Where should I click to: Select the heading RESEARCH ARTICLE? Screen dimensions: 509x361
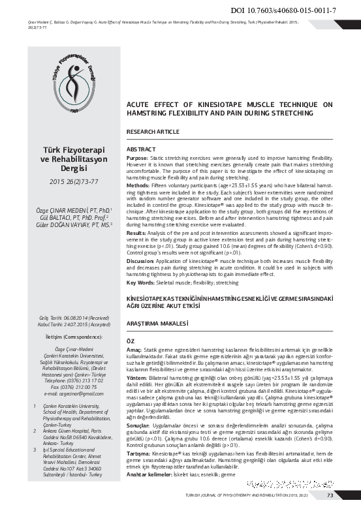[x=153, y=132]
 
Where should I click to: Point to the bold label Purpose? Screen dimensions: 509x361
[x=137, y=158]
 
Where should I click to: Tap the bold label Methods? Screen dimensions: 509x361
[x=138, y=186]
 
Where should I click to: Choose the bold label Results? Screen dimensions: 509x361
[x=136, y=232]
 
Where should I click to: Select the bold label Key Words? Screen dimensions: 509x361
[x=140, y=283]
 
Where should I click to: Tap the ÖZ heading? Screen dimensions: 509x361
[x=130, y=341]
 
